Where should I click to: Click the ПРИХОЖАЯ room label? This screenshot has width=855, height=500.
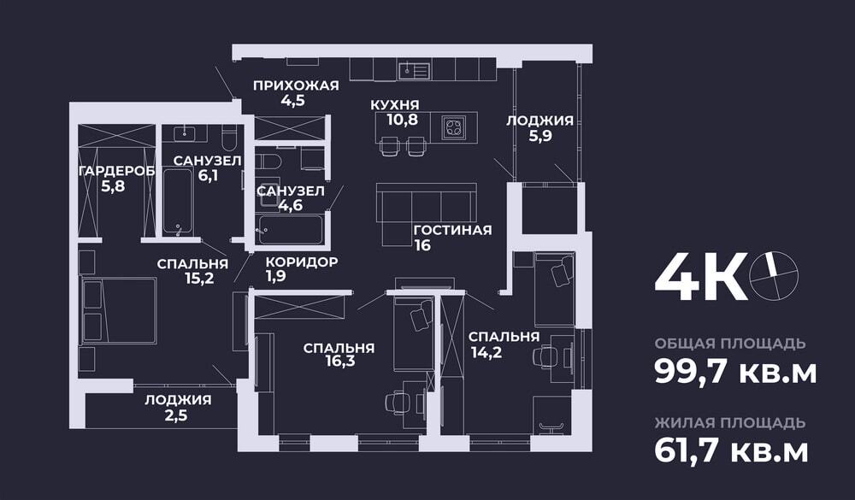[x=297, y=85]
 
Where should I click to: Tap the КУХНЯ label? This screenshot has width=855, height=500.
[x=394, y=104]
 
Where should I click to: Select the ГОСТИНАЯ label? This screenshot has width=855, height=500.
[x=452, y=230]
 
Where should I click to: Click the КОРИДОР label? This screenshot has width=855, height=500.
[x=301, y=262]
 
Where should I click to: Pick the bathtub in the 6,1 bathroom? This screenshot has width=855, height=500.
[x=179, y=202]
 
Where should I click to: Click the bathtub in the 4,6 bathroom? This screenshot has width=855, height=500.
[x=291, y=229]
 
